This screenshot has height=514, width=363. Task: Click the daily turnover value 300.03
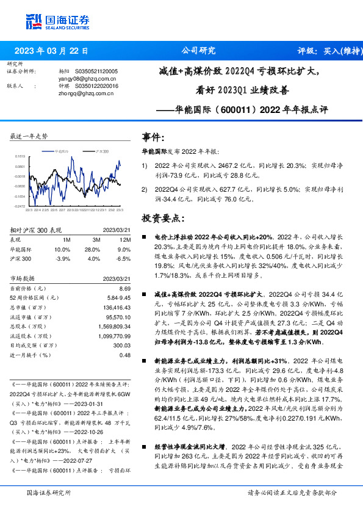click(x=123, y=345)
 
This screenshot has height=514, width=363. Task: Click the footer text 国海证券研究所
click(x=49, y=493)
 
